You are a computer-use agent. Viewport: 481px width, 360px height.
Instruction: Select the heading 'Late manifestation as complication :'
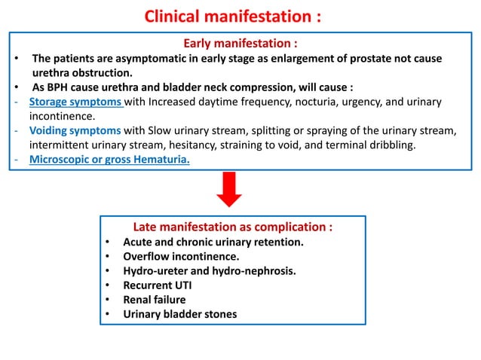point(232,227)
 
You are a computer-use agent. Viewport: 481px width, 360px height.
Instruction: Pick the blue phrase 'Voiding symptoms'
point(75,131)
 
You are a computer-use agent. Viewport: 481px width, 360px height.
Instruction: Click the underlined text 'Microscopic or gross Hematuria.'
point(109,159)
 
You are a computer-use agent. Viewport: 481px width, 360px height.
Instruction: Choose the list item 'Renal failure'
point(155,299)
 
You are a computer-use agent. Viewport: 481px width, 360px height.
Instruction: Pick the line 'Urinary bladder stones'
point(179,313)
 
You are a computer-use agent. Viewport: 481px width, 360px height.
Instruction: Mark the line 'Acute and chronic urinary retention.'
point(213,242)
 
